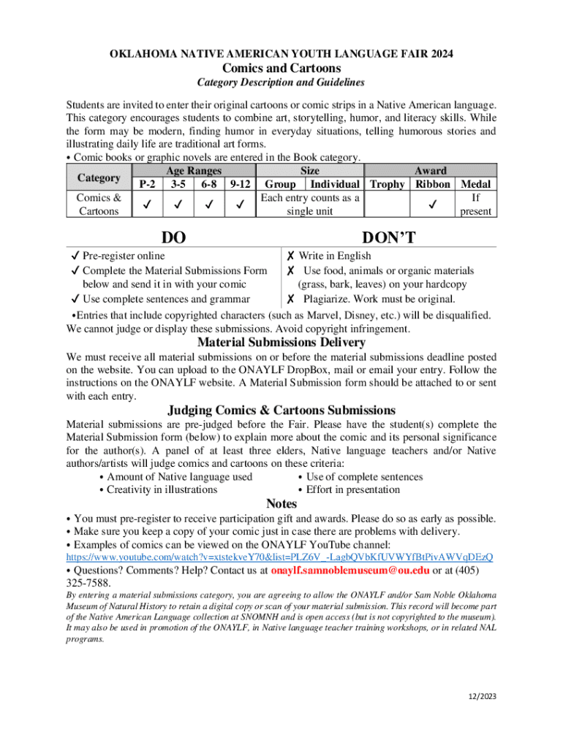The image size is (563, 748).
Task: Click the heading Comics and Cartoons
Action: click(x=281, y=68)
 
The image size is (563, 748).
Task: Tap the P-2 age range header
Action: click(x=147, y=184)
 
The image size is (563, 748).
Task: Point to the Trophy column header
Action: click(x=387, y=184)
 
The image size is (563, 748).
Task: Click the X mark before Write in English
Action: click(x=290, y=256)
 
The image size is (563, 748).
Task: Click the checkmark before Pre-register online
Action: click(x=75, y=256)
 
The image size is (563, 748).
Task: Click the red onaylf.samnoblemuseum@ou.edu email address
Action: click(x=349, y=570)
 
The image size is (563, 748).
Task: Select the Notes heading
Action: click(x=281, y=503)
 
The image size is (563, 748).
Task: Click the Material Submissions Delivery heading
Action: click(x=281, y=342)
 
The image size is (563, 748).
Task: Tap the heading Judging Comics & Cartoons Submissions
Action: click(x=281, y=410)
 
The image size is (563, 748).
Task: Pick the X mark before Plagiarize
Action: click(x=290, y=299)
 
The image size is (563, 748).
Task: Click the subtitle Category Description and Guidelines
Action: click(x=281, y=83)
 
